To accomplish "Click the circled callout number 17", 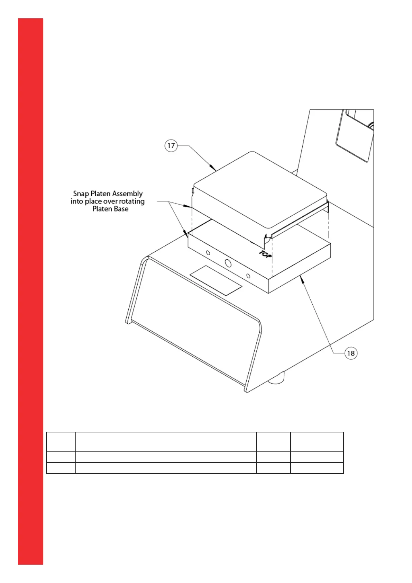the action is click(x=171, y=146).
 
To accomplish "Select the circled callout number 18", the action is click(x=351, y=353).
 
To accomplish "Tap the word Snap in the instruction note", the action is click(x=81, y=194).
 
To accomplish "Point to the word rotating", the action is click(x=132, y=201).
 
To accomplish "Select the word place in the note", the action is click(x=93, y=201).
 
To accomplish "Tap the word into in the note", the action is click(x=77, y=201).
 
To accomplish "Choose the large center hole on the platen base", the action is click(x=228, y=263).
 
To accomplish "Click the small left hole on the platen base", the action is click(x=208, y=253).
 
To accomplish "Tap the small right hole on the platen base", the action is click(x=248, y=276).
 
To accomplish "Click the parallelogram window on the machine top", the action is click(x=216, y=280).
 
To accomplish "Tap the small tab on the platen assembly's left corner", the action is click(x=192, y=190).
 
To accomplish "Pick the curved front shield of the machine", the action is click(x=194, y=325).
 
